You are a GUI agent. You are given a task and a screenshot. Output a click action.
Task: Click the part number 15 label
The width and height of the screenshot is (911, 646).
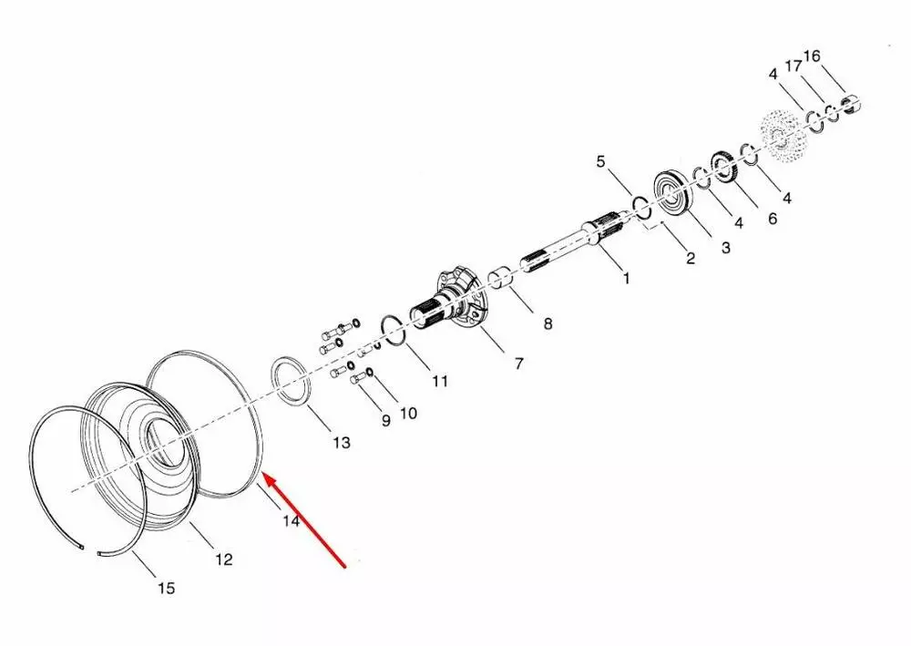pyautogui.click(x=166, y=588)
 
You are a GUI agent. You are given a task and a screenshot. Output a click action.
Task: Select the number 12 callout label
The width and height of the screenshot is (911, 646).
pyautogui.click(x=224, y=559)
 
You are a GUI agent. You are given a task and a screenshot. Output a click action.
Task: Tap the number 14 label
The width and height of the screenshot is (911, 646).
pyautogui.click(x=292, y=521)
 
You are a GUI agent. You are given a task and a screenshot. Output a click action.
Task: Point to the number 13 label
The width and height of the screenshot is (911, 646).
pyautogui.click(x=342, y=442)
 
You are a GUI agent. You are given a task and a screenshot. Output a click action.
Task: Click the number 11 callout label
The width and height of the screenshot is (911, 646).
pyautogui.click(x=440, y=381)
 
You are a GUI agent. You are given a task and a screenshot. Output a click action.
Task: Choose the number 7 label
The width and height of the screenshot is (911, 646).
pyautogui.click(x=519, y=363)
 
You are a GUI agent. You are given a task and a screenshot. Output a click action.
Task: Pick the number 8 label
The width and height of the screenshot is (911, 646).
pyautogui.click(x=548, y=323)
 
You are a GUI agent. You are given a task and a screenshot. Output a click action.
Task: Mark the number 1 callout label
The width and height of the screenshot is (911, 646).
pyautogui.click(x=626, y=278)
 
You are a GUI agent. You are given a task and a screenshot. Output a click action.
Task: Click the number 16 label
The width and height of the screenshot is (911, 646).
pyautogui.click(x=812, y=56)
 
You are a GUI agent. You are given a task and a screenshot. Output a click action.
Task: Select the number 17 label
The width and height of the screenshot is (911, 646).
pyautogui.click(x=793, y=66)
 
